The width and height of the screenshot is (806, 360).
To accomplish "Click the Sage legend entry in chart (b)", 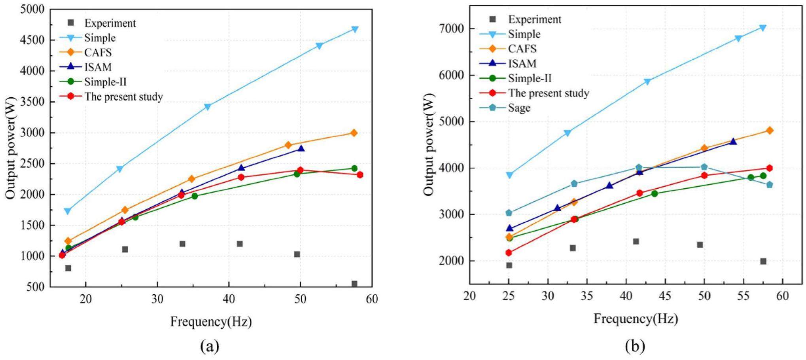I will click(x=519, y=108).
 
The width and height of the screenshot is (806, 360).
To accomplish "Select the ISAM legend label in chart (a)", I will click(x=98, y=67).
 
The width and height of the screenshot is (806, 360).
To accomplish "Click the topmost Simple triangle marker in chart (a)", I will click(x=355, y=29).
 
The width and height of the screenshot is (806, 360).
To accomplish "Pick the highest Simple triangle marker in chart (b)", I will click(x=763, y=28).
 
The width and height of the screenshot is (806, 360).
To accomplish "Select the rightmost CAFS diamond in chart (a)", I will click(x=354, y=133).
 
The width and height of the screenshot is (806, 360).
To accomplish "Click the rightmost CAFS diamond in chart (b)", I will click(x=770, y=131).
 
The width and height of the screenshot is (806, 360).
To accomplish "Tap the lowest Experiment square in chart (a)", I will click(x=354, y=284).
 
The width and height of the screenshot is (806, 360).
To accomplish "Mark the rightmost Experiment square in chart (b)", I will click(x=763, y=261).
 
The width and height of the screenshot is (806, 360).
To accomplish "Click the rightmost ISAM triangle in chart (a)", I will click(x=301, y=148).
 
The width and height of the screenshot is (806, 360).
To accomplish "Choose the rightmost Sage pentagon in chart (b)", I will click(x=770, y=185).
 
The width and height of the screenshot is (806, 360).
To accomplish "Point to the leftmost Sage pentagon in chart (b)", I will click(x=509, y=213).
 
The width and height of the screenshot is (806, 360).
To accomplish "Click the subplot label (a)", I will click(x=210, y=347).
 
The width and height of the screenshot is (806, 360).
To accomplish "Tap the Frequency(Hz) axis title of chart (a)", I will click(x=211, y=322).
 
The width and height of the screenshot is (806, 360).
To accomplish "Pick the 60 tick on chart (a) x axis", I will click(x=372, y=299).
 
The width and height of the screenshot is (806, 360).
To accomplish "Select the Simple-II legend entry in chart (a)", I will click(x=105, y=81).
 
